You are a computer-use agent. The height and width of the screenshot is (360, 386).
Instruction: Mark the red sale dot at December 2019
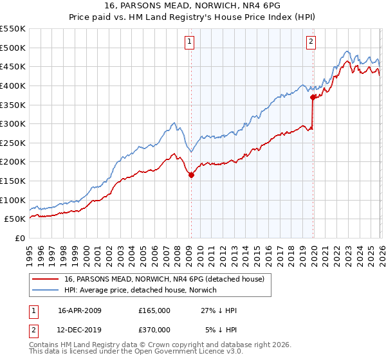coord(313,98)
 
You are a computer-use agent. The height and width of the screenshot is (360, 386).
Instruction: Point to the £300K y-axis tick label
coord(13,123)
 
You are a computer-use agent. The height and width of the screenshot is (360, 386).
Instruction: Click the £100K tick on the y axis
coord(13,200)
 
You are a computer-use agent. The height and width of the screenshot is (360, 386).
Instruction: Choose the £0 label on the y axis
coord(19,238)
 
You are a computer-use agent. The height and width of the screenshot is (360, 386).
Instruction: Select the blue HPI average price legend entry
coord(142,291)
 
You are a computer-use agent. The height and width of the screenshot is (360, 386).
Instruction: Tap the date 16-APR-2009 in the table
coord(80,310)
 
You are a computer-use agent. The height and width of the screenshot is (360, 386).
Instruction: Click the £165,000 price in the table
coord(154,310)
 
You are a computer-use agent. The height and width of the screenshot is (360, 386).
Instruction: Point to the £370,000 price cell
coord(154,329)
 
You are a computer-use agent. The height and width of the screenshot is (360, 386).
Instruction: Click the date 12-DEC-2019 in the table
coord(80,329)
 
